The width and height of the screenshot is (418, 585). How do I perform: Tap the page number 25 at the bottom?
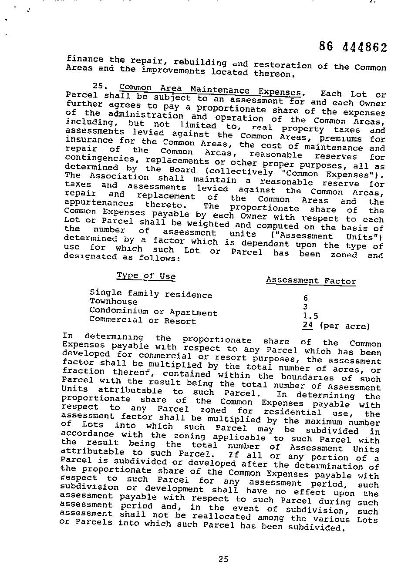pyautogui.click(x=223, y=559)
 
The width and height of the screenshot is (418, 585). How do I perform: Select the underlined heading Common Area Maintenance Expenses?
pyautogui.click(x=210, y=90)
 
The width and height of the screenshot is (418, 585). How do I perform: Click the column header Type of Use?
pyautogui.click(x=146, y=276)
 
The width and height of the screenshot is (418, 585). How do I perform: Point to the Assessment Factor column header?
pyautogui.click(x=311, y=281)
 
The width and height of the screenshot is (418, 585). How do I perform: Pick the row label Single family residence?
pyautogui.click(x=151, y=294)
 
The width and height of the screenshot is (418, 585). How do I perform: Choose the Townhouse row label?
pyautogui.click(x=113, y=302)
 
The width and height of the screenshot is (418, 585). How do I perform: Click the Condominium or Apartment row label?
pyautogui.click(x=153, y=312)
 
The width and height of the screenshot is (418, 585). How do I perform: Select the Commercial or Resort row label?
pyautogui.click(x=142, y=321)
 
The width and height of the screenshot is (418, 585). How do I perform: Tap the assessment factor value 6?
pyautogui.click(x=306, y=298)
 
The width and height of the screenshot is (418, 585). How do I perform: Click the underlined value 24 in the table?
pyautogui.click(x=308, y=325)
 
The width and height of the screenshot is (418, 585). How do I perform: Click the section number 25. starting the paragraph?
pyautogui.click(x=100, y=86)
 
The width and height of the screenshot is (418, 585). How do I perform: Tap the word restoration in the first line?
pyautogui.click(x=283, y=65)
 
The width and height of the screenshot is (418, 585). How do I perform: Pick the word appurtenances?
pyautogui.click(x=99, y=203)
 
